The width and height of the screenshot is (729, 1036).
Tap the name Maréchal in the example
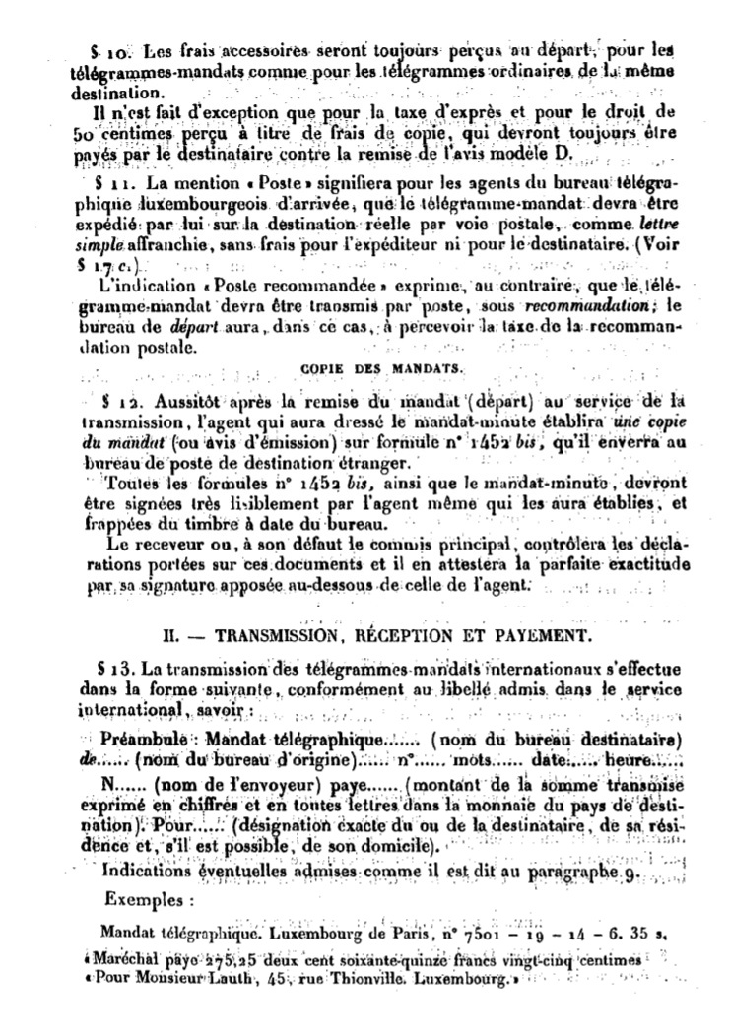(118, 958)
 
